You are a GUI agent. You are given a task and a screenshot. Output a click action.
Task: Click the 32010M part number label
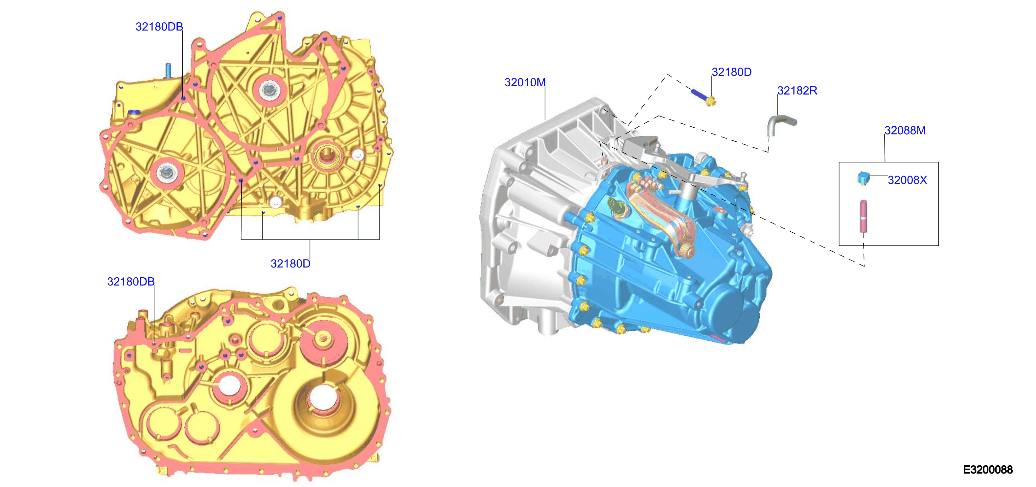click(525, 82)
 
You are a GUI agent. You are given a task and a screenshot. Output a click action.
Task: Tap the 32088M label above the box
click(905, 131)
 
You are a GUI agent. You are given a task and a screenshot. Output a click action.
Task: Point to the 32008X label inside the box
click(907, 180)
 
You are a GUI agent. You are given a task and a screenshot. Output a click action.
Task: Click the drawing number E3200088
click(988, 469)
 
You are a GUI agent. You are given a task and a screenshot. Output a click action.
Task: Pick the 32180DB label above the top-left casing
click(159, 27)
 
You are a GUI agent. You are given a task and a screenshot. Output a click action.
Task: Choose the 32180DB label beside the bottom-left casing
click(131, 282)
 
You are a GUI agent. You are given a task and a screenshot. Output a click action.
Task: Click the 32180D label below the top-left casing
click(290, 264)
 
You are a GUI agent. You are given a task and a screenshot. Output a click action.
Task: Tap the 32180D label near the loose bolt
click(731, 72)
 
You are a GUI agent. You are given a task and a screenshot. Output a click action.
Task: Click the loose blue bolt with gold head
click(703, 97)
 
